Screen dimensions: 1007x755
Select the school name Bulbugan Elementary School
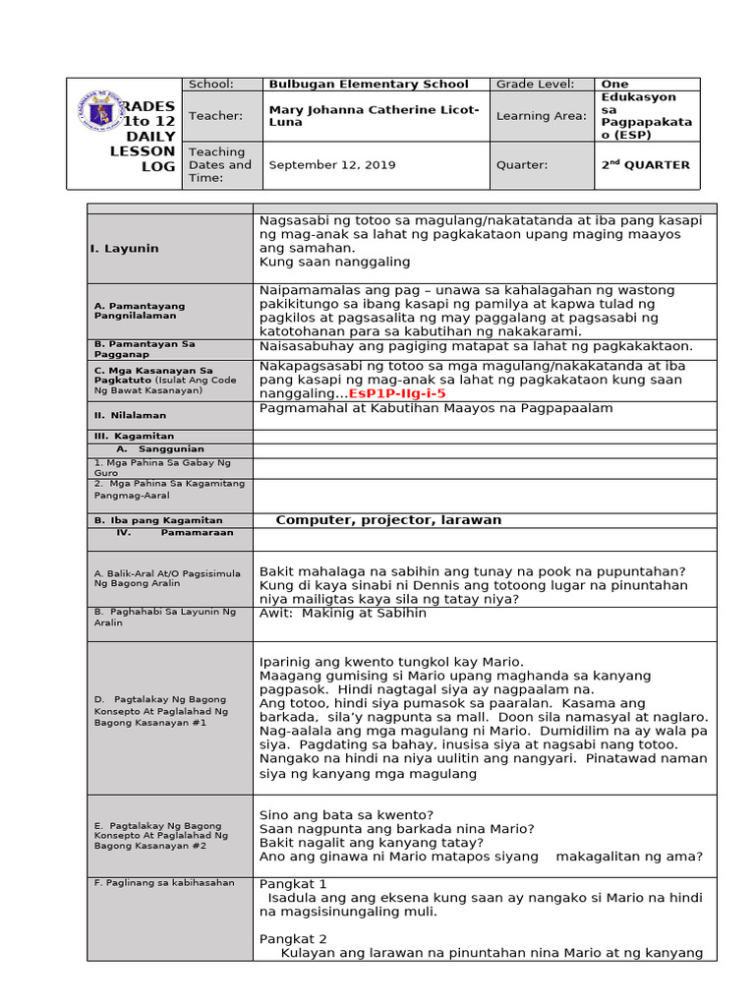tap(369, 85)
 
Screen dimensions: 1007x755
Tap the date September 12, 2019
tap(332, 165)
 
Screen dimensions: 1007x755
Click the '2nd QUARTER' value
tap(645, 165)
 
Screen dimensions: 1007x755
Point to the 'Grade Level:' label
tap(535, 85)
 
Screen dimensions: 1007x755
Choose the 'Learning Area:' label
tap(541, 116)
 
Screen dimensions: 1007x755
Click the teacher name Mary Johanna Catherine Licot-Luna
tap(374, 116)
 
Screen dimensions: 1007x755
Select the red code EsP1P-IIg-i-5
tap(397, 392)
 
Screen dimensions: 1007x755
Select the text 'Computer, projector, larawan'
tap(388, 520)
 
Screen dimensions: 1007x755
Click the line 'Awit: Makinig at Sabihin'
tap(343, 614)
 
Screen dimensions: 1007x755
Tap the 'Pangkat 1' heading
tap(293, 884)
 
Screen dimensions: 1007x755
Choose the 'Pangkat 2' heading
tap(293, 938)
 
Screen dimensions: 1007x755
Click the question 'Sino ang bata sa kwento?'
tap(346, 815)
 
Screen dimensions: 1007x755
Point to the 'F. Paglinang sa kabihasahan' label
tap(164, 883)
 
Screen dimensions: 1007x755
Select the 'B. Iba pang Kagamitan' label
tap(157, 520)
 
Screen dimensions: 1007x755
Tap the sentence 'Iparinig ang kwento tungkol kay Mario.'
tap(391, 661)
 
